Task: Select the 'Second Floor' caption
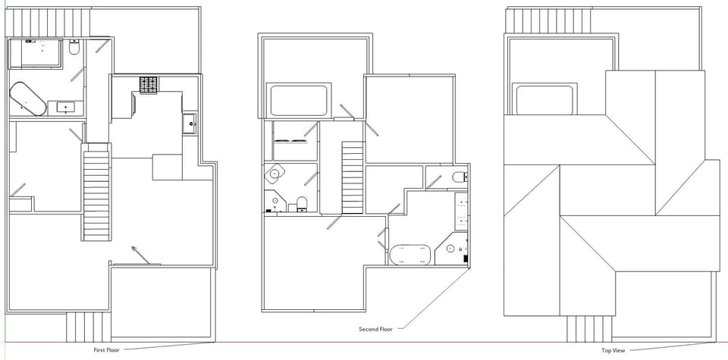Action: point(375,329)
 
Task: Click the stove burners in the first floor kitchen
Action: point(148,85)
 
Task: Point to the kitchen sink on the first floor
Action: point(190,122)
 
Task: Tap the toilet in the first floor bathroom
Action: point(74,49)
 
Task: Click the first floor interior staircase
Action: point(96,193)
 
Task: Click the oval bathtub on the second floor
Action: point(410,254)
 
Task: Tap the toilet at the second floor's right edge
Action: point(458,177)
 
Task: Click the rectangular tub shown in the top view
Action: point(544,100)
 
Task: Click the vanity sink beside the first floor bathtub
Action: point(66,107)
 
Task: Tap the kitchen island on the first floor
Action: point(167,167)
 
